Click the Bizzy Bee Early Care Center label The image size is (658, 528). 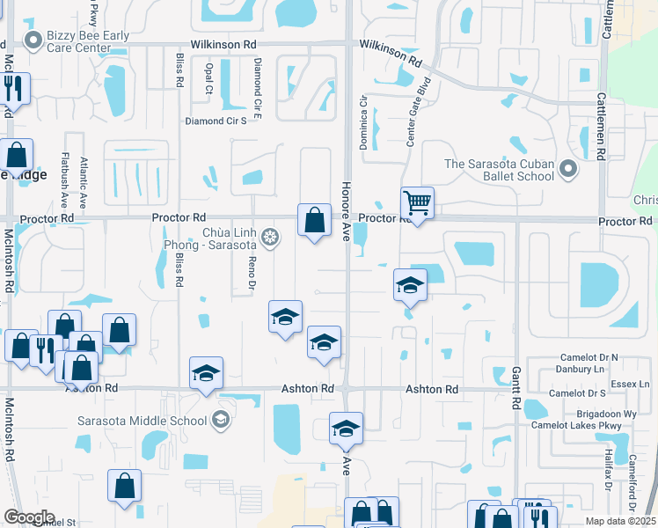click(88, 41)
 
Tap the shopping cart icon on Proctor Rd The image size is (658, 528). click(417, 204)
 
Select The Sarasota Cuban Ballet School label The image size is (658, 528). click(499, 169)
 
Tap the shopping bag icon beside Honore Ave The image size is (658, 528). click(314, 221)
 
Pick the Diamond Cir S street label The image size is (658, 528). click(215, 121)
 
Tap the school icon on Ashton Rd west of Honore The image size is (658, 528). click(206, 373)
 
